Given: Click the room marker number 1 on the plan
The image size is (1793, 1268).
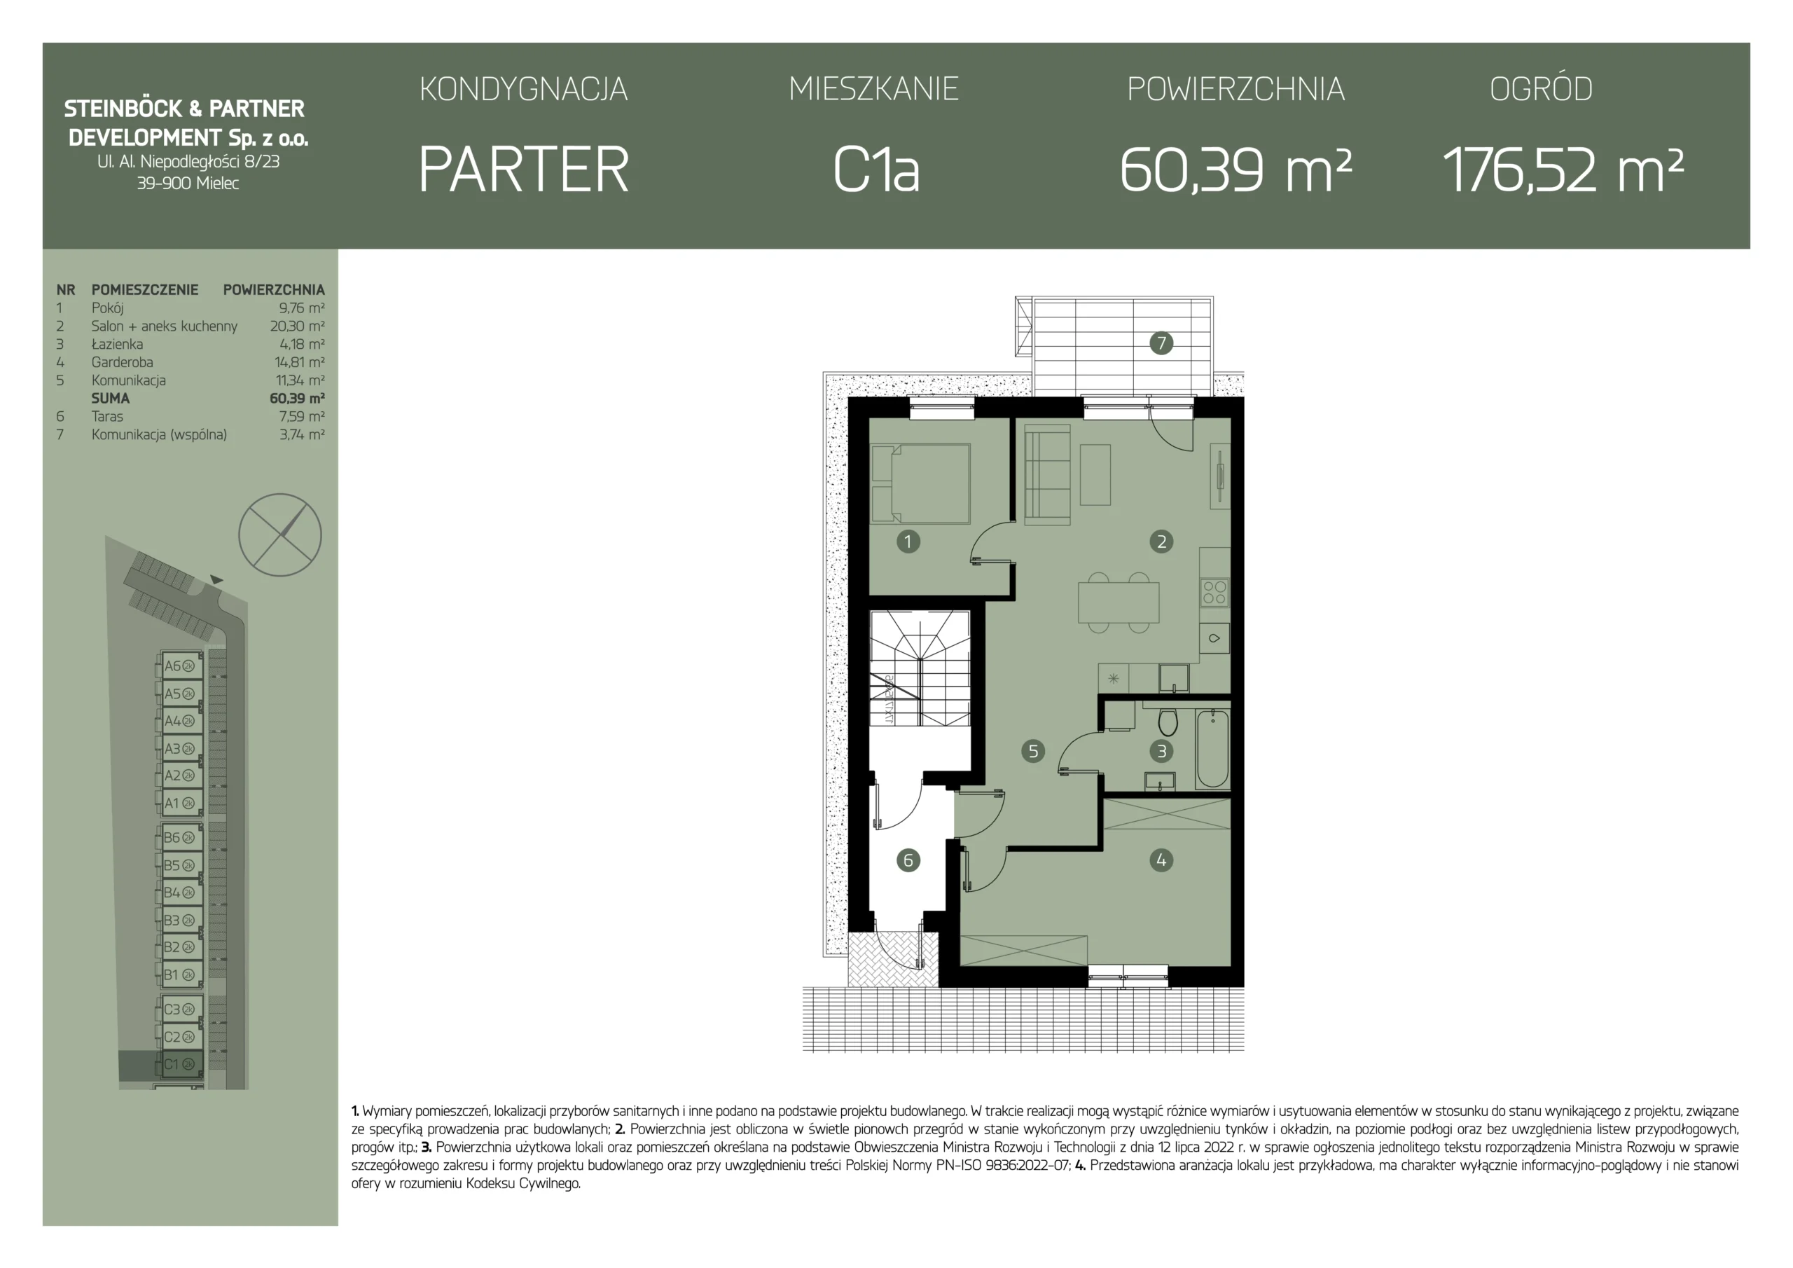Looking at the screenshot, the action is [x=908, y=542].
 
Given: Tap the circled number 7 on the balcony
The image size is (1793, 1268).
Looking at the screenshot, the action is [x=1161, y=343].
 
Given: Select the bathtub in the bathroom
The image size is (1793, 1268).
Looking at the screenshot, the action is [x=1212, y=748].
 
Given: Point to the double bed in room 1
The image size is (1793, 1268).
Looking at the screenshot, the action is [x=921, y=483].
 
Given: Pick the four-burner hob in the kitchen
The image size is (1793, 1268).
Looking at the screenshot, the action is [x=1214, y=592].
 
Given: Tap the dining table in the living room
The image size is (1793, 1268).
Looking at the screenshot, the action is [x=1119, y=602].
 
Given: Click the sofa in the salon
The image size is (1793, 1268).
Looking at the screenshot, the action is [x=1047, y=474].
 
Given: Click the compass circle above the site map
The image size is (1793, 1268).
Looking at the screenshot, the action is [x=279, y=535].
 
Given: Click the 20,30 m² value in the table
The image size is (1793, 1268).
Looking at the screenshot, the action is [x=297, y=326].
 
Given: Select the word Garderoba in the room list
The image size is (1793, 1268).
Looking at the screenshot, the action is [x=122, y=362].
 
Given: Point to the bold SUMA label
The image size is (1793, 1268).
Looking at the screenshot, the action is [x=110, y=399].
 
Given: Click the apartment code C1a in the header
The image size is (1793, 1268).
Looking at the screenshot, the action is [x=876, y=170].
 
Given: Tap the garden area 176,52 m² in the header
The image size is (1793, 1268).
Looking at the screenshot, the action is [x=1563, y=170].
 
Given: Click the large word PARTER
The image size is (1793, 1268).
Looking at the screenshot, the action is [x=523, y=170].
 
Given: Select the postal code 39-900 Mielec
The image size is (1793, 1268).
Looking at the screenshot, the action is [x=188, y=184].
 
